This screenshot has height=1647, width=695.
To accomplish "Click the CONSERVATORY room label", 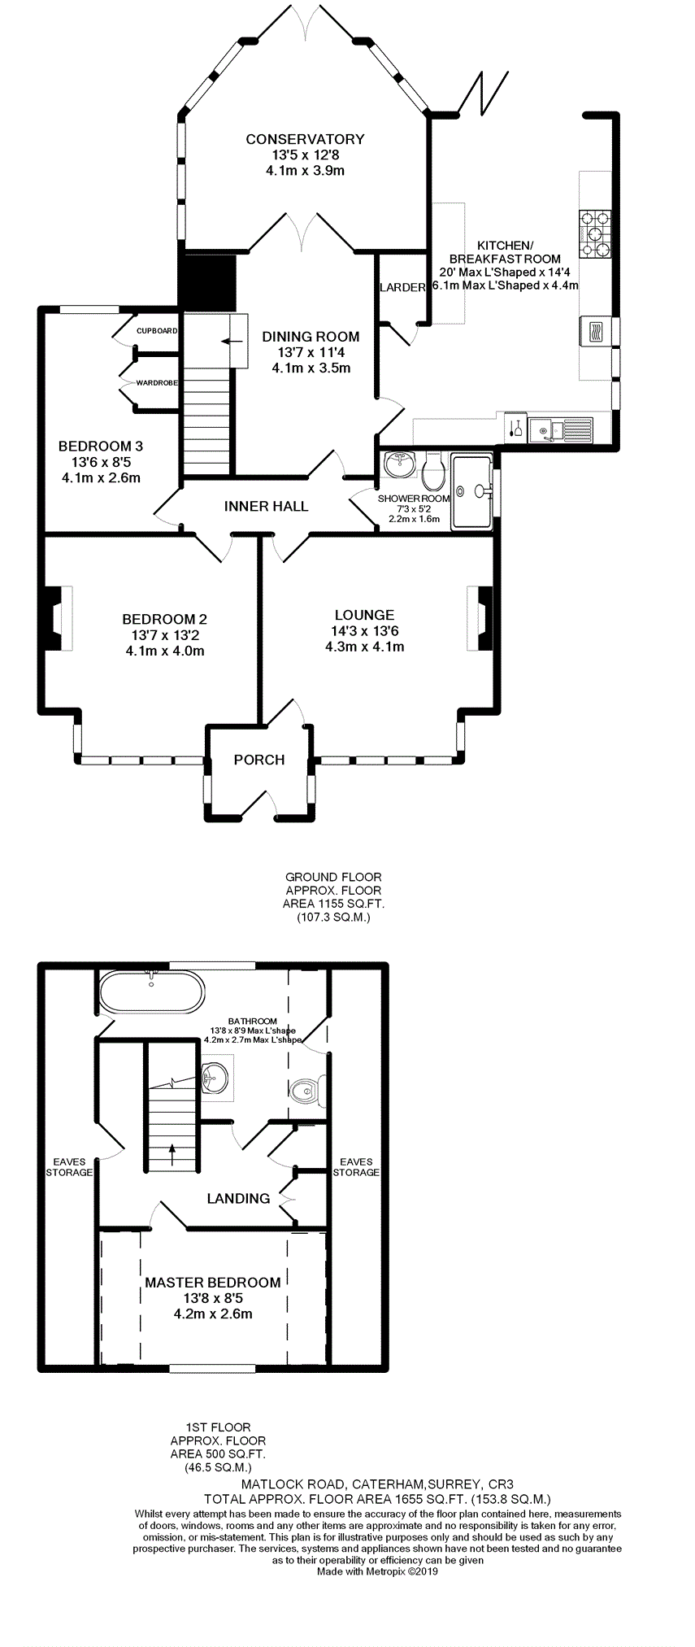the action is (x=305, y=139).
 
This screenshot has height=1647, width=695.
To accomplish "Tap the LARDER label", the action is (x=402, y=287).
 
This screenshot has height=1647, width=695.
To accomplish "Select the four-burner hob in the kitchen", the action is (x=595, y=234).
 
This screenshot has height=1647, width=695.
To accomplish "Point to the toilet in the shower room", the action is (x=433, y=467).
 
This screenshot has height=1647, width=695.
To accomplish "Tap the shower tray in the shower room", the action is (x=472, y=491).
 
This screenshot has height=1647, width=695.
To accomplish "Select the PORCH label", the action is (x=259, y=760).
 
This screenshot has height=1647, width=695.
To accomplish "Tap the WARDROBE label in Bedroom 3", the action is (x=157, y=382).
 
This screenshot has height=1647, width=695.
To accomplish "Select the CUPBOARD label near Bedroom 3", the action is (x=157, y=331).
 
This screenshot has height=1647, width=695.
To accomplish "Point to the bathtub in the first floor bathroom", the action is (x=152, y=990).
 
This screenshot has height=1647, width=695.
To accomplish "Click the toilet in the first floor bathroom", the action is (x=308, y=1089).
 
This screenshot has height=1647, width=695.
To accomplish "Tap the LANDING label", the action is (x=238, y=1198).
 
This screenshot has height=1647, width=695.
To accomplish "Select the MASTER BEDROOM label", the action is (x=213, y=1283).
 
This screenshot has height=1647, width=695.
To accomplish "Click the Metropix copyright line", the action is (x=377, y=1572).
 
